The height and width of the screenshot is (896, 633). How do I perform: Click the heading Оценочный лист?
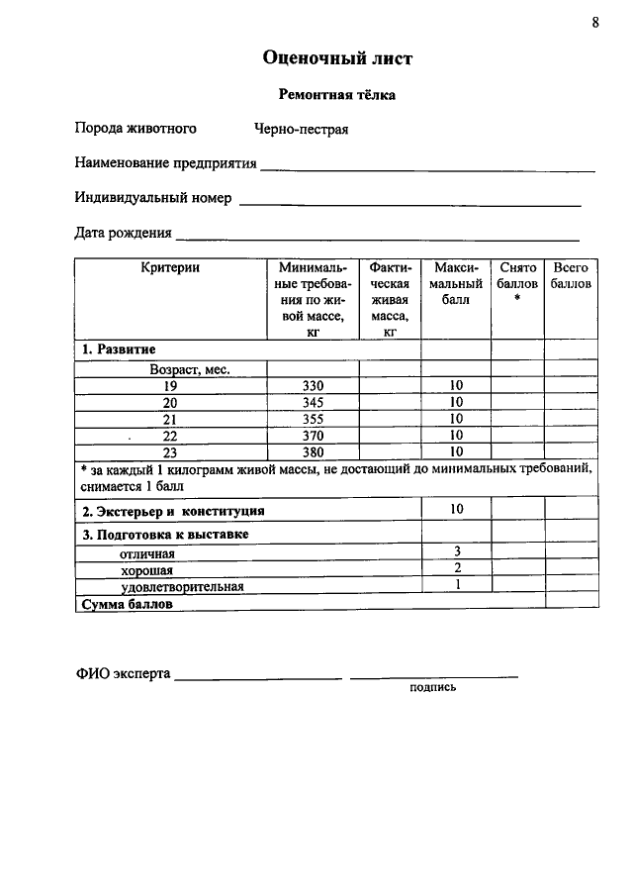point(337,58)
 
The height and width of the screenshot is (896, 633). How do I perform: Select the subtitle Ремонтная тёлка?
point(336,96)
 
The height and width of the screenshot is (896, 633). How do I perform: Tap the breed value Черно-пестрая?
point(301,129)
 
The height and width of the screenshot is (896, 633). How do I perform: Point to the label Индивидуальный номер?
point(153,198)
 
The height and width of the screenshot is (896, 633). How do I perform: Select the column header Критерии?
point(170,268)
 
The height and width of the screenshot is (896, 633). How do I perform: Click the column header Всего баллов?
point(571,276)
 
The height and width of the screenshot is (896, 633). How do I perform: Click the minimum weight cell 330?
point(313,385)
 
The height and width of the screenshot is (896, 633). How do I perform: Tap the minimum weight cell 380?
point(313,452)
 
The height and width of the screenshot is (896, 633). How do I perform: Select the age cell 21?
point(170,419)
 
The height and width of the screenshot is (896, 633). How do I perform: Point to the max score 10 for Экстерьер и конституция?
point(456,509)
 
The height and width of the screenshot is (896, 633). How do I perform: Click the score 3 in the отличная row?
point(457,551)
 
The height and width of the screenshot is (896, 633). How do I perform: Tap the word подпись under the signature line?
point(433,687)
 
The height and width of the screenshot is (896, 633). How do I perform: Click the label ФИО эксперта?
point(123,674)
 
